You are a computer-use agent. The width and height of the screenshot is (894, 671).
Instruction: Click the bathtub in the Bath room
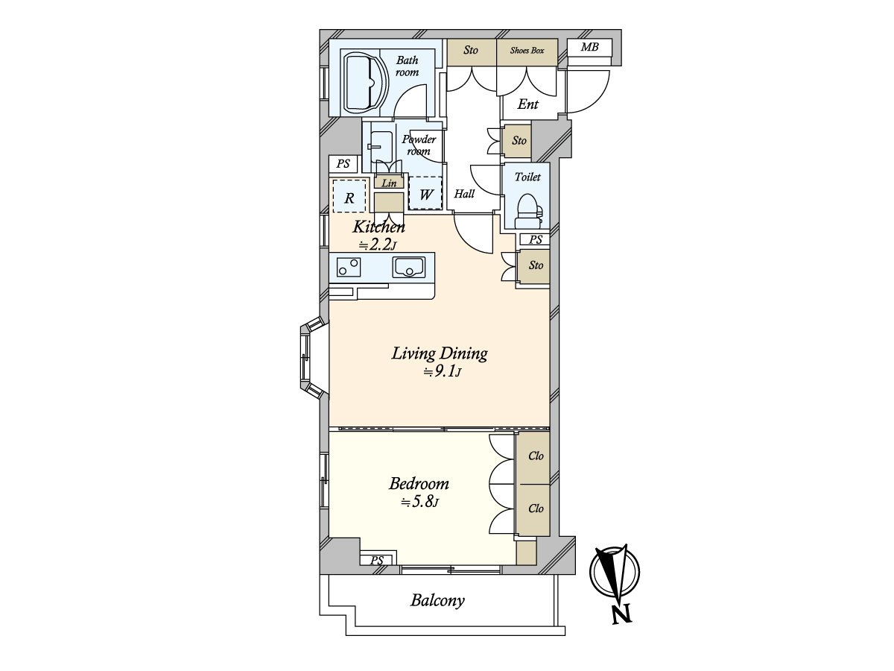click(x=364, y=81)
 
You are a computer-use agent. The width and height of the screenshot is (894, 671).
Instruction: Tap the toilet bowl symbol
click(x=528, y=211)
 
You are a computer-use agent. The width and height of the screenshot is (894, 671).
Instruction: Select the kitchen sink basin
click(x=408, y=267)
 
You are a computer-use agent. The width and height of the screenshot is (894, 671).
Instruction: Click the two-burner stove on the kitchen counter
click(x=349, y=267)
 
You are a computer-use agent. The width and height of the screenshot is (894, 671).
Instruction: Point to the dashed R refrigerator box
click(x=349, y=196)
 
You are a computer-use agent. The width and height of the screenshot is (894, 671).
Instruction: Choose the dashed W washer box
click(x=425, y=193)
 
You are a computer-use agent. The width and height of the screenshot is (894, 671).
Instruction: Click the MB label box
click(x=589, y=48)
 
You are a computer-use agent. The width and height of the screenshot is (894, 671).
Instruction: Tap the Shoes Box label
click(x=527, y=51)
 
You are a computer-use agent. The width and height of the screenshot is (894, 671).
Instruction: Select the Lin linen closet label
click(x=389, y=183)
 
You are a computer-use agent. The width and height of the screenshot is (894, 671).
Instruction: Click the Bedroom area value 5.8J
click(x=419, y=503)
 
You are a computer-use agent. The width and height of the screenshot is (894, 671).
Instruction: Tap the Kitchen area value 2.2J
click(x=377, y=245)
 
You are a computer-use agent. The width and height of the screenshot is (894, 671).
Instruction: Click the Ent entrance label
click(x=528, y=104)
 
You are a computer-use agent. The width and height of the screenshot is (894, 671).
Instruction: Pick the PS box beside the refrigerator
click(x=343, y=164)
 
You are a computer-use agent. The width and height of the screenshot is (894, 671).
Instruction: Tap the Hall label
click(x=464, y=194)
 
